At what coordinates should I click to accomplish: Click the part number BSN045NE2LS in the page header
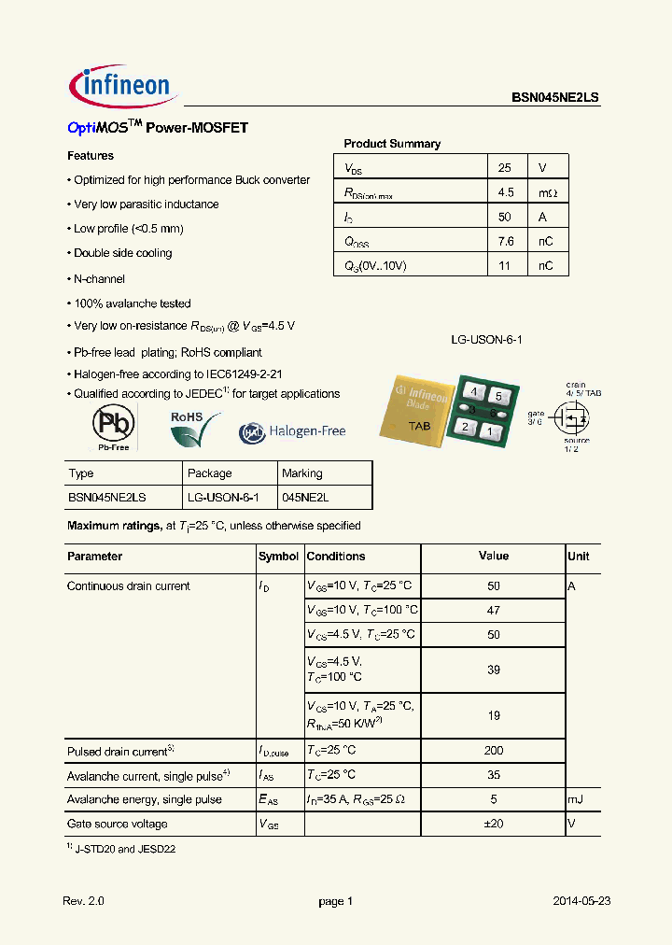coord(555,97)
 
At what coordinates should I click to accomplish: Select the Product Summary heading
coord(392,144)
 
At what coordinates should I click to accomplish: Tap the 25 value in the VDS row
coord(505,168)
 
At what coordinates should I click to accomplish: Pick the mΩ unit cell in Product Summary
coord(547,192)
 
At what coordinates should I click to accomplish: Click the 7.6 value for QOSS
coord(505,242)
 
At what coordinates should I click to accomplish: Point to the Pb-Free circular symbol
coord(113,426)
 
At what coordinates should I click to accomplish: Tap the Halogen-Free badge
coord(292,431)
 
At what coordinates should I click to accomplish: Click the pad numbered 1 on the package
coord(488,430)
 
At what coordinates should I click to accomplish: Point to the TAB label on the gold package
coord(419,425)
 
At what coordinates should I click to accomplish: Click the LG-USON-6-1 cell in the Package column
coord(223,498)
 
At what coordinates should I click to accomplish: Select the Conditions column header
coord(336,557)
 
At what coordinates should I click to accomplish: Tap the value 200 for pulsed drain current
coord(494,751)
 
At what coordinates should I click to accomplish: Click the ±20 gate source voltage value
coord(494,824)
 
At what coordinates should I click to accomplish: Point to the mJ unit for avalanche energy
coord(575,799)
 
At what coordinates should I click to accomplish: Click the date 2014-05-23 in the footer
coord(581,901)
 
